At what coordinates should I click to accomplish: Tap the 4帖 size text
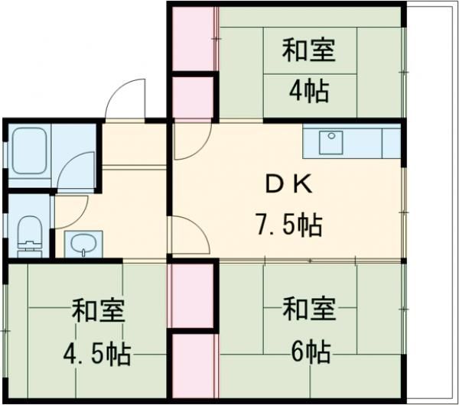coord(309,92)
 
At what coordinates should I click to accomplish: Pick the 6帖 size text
coord(309,352)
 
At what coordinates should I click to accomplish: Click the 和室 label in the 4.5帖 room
coord(99,313)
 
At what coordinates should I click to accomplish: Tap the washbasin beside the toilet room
coord(80,244)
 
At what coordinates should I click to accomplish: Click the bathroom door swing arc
coord(76,170)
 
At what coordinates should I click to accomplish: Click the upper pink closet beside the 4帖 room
coord(194,38)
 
